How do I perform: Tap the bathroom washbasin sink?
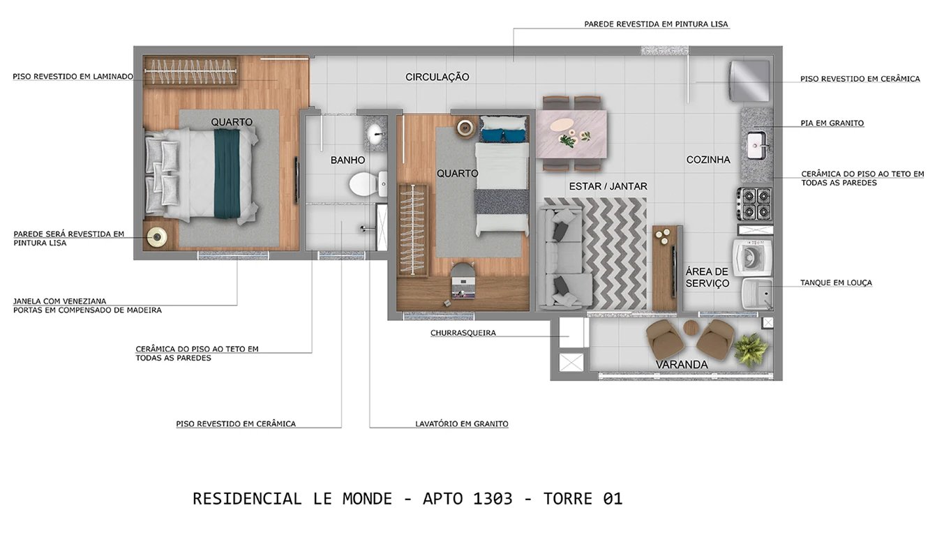click(x=375, y=132)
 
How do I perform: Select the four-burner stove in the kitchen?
click(x=755, y=204)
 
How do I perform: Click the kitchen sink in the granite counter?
click(x=757, y=146)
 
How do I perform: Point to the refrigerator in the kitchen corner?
click(x=750, y=81)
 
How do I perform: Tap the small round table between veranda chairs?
click(x=691, y=328)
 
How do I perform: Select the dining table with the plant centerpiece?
click(x=571, y=133)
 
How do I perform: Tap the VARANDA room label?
click(x=681, y=365)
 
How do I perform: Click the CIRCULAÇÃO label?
click(x=437, y=77)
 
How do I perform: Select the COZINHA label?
click(x=708, y=160)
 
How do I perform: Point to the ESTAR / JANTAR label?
click(x=608, y=186)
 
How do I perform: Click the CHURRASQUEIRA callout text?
click(x=463, y=333)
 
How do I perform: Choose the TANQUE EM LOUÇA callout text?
click(x=836, y=282)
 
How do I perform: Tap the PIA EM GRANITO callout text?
click(x=832, y=123)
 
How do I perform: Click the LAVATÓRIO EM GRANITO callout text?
click(x=461, y=423)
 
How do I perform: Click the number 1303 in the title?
click(x=493, y=499)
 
